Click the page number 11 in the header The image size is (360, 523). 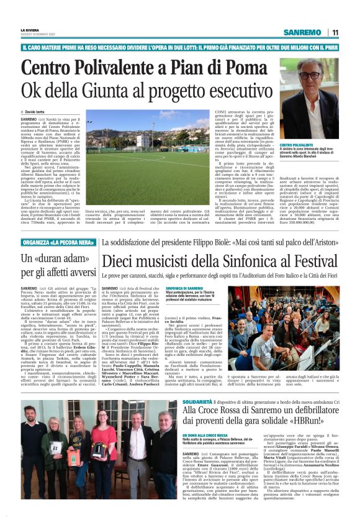(x=335, y=32)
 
